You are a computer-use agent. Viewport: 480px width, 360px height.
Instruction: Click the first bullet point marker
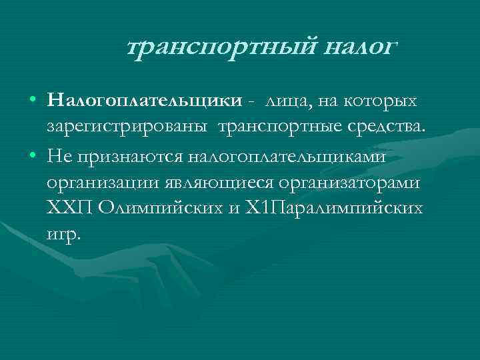click(x=33, y=101)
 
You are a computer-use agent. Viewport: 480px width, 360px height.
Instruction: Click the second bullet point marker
click(x=33, y=155)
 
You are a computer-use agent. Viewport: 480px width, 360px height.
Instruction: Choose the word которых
click(x=380, y=101)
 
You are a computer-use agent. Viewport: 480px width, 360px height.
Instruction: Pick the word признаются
click(x=128, y=155)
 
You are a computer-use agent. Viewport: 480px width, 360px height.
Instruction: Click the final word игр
click(x=63, y=235)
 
